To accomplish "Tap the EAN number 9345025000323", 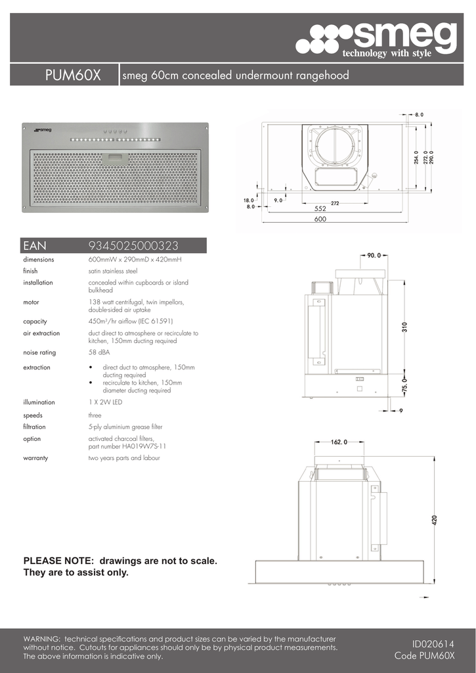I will [x=133, y=246].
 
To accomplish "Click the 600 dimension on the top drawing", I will [x=320, y=220].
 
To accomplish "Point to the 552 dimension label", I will [x=320, y=208].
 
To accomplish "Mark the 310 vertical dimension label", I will [x=406, y=326].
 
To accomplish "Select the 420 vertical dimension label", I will [x=434, y=520].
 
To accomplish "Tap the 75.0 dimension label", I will [x=404, y=384].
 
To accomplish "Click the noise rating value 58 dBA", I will [x=99, y=353].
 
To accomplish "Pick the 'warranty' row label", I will [x=35, y=458].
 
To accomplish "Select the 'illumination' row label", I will [x=39, y=402].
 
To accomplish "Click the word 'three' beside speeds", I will [x=95, y=415].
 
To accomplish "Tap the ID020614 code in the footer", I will [x=433, y=645].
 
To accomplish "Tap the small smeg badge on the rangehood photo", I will [x=43, y=130].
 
